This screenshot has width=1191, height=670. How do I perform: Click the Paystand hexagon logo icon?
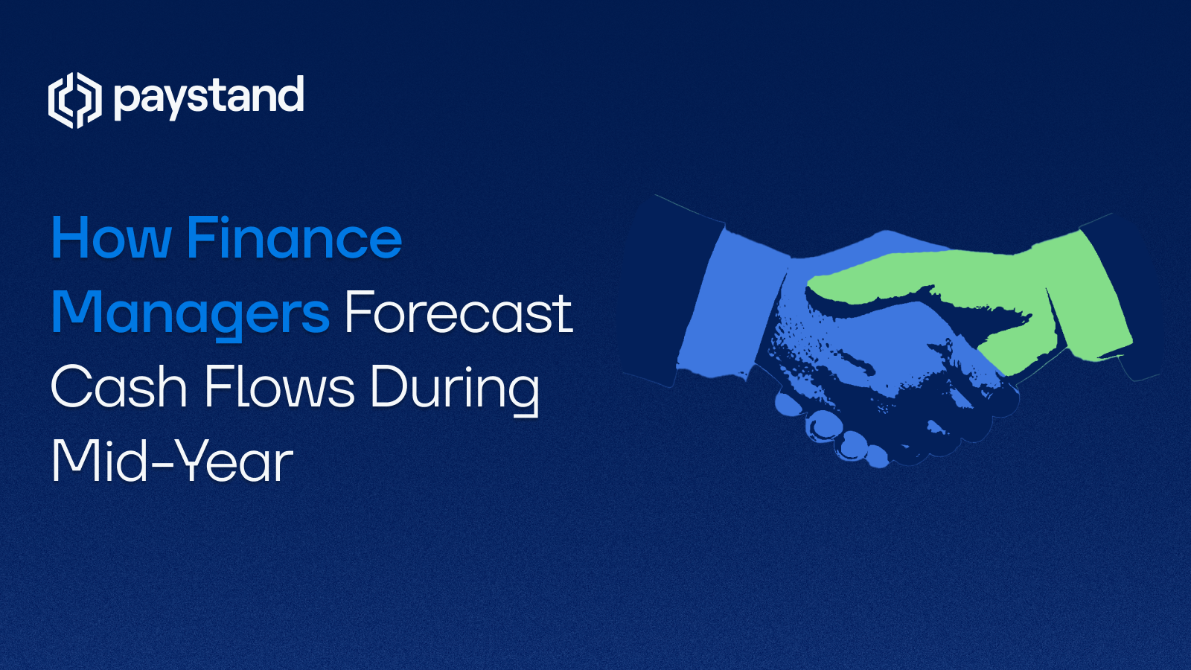coord(74,100)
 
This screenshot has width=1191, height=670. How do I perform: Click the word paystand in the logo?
coord(209,98)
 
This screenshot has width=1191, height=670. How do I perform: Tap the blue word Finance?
coord(294,239)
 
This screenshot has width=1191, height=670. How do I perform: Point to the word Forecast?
coord(458,313)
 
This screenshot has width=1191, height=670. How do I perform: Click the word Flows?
coord(280,388)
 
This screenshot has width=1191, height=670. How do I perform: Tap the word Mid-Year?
coord(172,462)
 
